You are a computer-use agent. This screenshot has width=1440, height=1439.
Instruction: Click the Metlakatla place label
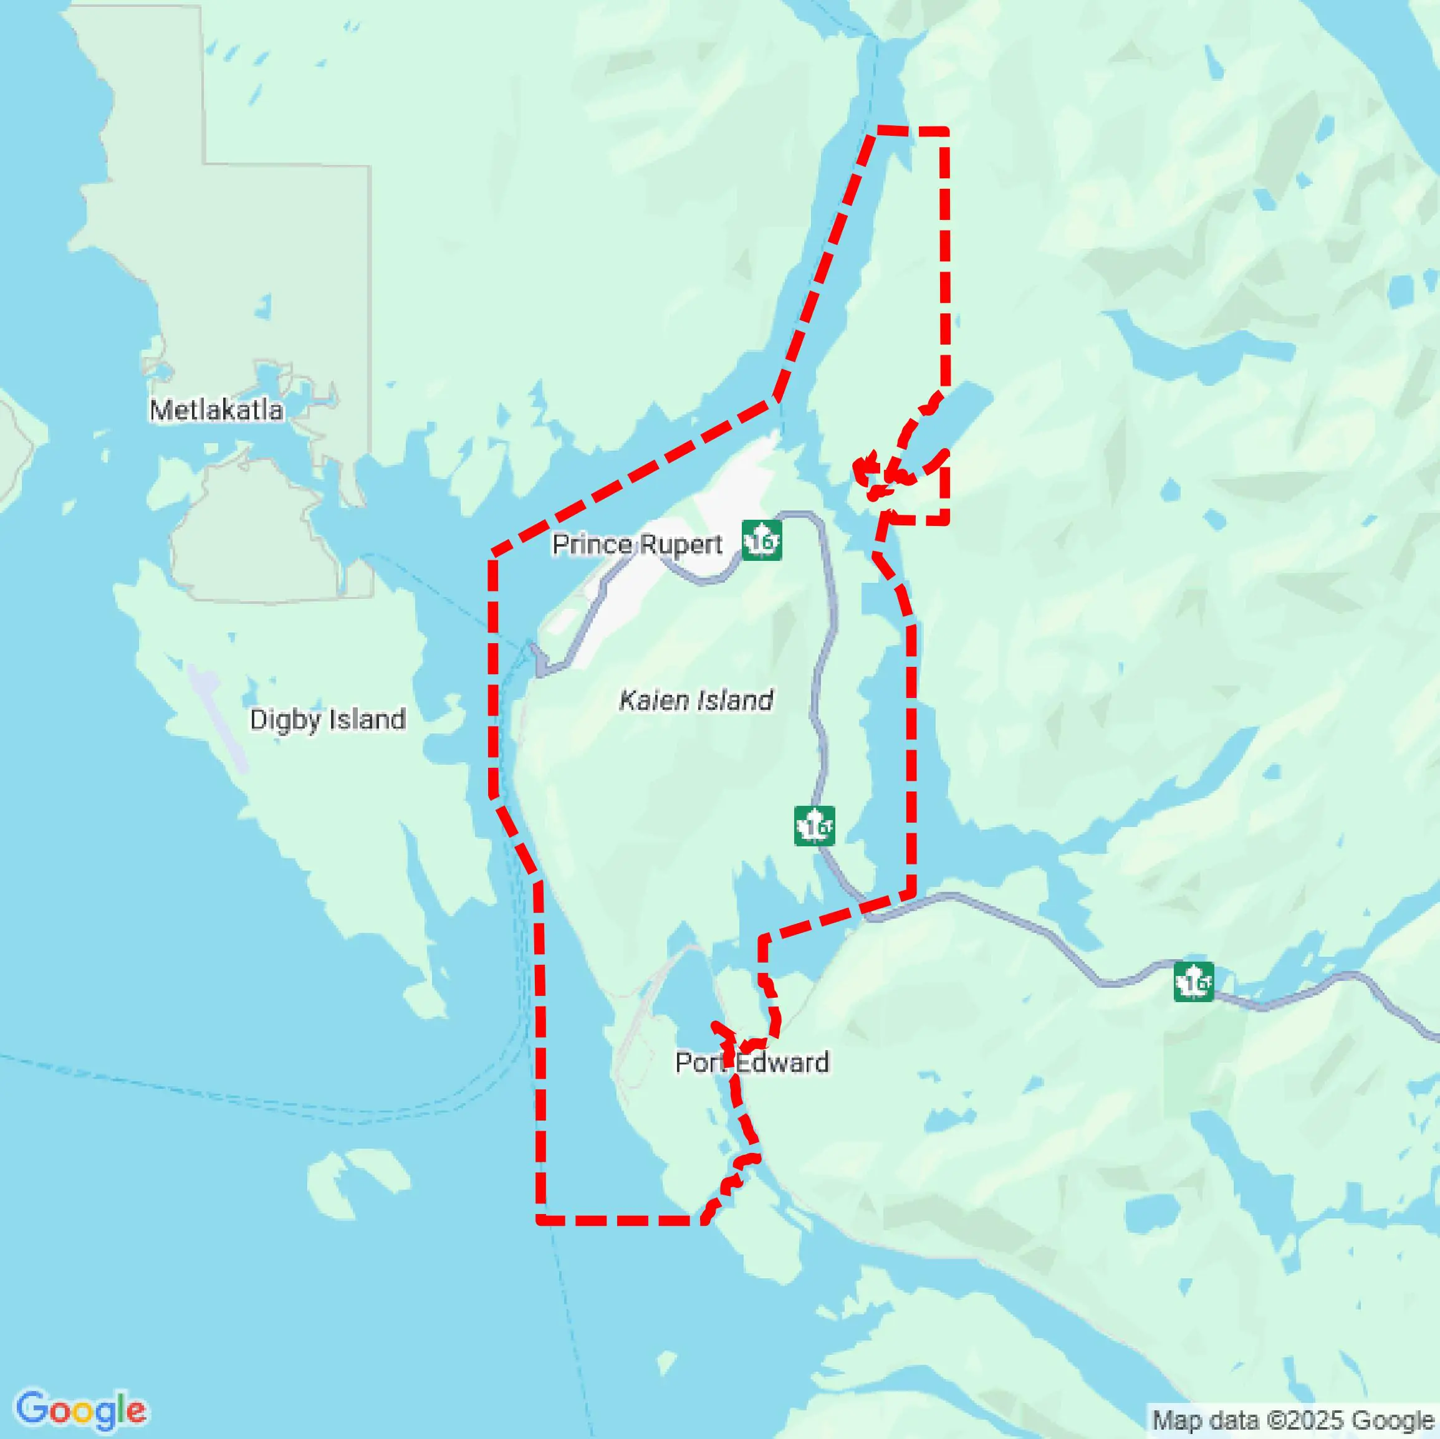click(216, 410)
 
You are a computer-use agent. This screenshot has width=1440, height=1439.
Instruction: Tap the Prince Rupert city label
click(636, 545)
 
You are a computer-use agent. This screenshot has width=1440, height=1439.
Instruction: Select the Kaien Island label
click(696, 700)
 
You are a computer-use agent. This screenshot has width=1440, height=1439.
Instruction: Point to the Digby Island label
click(327, 719)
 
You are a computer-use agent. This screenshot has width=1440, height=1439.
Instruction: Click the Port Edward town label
click(751, 1062)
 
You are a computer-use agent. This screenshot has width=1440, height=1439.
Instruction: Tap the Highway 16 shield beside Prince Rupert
click(762, 540)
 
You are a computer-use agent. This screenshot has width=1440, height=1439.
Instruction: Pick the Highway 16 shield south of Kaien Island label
click(814, 826)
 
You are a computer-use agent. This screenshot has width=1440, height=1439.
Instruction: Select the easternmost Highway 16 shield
click(1193, 982)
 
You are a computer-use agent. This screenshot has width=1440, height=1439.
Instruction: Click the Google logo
click(80, 1410)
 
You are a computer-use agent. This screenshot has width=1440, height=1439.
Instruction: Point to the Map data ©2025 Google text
click(1293, 1420)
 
